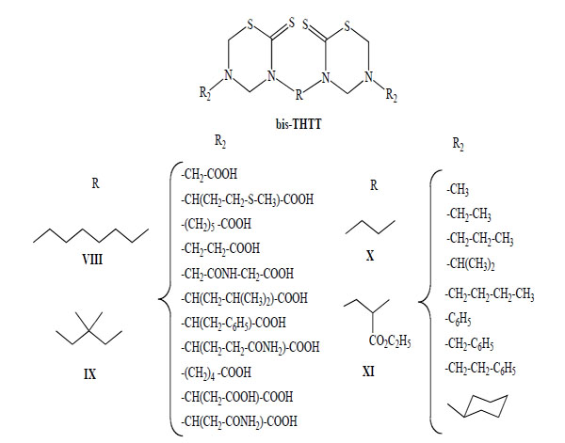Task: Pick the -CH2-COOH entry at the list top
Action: [x=216, y=174]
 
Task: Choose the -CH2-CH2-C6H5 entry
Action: [x=485, y=368]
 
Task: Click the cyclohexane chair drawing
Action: [x=480, y=408]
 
